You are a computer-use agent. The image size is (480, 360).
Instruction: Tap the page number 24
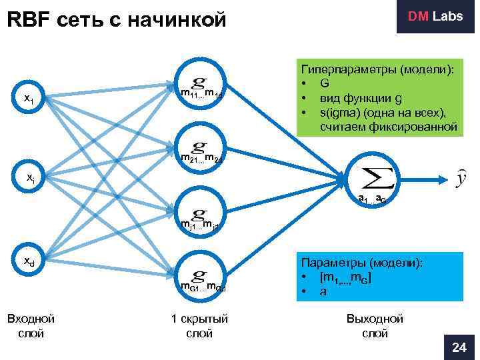pos(459,347)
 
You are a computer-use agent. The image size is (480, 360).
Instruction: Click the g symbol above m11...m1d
pos(198,82)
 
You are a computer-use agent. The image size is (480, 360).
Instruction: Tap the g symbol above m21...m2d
pos(198,146)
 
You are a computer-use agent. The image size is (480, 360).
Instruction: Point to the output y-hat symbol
pos(459,178)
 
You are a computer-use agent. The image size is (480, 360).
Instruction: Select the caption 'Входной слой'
pos(30,326)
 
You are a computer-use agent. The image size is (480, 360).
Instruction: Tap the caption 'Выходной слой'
pos(375,326)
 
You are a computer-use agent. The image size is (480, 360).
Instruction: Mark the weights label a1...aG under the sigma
pos(371,199)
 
